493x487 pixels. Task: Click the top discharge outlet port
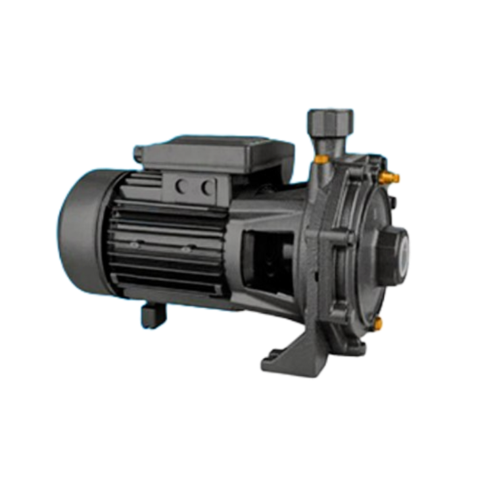329,120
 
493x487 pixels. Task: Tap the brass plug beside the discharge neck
321,159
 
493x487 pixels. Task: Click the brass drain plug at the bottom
379,322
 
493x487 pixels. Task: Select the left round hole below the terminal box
181,187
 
